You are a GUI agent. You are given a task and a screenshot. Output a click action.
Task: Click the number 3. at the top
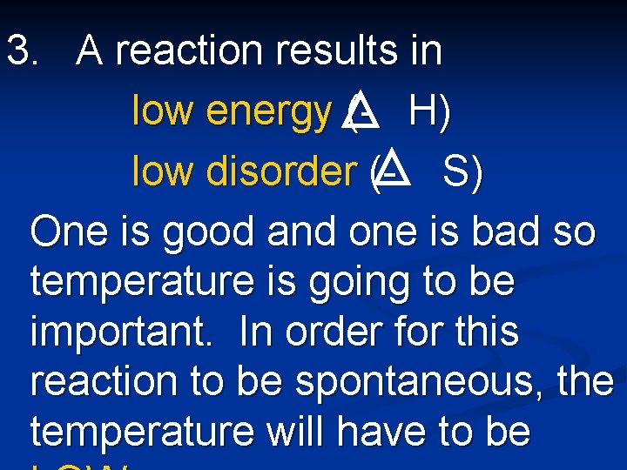(24, 51)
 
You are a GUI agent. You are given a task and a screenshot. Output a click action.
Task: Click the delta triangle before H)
(362, 111)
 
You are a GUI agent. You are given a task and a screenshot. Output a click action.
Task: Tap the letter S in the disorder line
(456, 171)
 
